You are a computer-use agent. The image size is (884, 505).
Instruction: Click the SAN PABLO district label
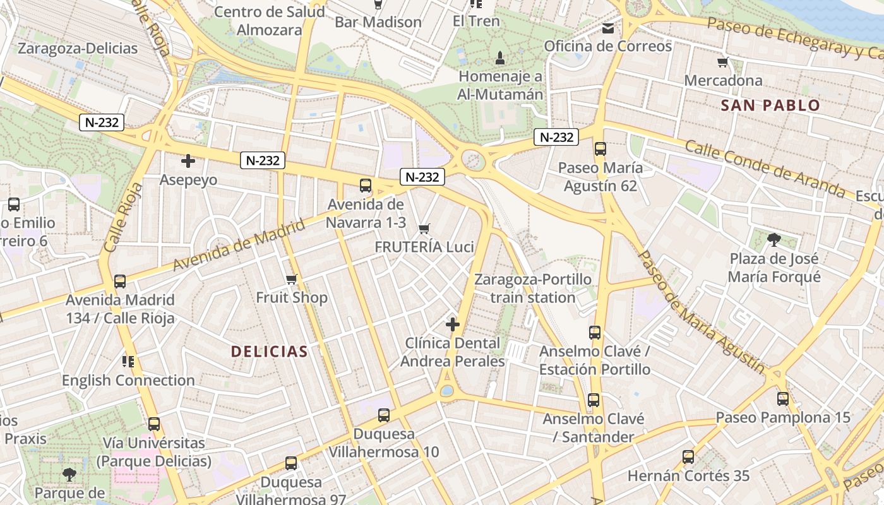point(770,105)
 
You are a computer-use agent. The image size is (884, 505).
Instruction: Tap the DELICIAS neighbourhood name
point(269,352)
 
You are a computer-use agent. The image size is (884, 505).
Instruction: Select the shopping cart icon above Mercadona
point(723,62)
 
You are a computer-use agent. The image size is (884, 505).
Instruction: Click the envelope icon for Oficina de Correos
point(608,28)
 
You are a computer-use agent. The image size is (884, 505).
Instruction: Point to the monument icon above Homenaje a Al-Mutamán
point(500,59)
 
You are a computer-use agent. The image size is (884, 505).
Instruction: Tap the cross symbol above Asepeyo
point(188,161)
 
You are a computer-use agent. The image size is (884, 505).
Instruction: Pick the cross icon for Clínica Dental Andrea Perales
point(453,324)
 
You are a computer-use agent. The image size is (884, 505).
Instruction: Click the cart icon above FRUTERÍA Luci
point(424,228)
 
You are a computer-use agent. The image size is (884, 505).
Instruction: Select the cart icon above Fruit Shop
point(291,279)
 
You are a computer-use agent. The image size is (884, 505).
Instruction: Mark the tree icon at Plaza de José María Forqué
point(773,239)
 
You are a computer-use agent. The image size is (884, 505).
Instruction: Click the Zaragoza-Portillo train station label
point(533,288)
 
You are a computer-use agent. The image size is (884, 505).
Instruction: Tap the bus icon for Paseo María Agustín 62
point(600,149)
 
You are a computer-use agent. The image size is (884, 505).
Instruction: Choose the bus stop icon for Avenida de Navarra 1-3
point(366,185)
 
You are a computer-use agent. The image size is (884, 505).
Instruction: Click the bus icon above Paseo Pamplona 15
point(783,398)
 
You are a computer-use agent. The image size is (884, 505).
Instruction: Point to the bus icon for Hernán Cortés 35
point(688,456)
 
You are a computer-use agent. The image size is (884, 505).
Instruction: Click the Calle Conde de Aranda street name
point(764,168)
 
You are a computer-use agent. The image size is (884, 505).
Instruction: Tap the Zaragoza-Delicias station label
point(78,48)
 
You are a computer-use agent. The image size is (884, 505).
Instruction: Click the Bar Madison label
point(378,22)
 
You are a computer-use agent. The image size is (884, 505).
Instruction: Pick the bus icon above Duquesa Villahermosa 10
point(384,415)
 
